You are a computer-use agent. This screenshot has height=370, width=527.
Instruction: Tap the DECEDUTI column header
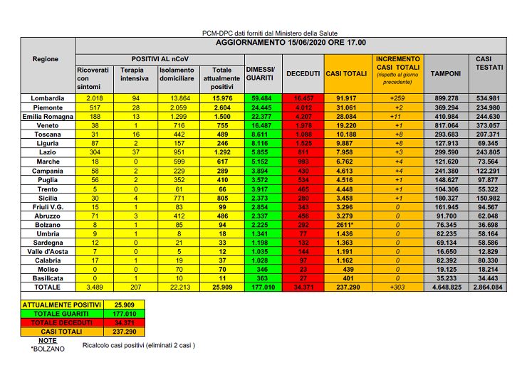click(303, 73)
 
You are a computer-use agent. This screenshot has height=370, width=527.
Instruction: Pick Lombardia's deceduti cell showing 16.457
click(303, 97)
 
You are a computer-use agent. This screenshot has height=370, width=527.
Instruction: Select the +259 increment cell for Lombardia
click(399, 97)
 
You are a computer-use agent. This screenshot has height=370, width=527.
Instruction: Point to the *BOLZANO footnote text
click(47, 348)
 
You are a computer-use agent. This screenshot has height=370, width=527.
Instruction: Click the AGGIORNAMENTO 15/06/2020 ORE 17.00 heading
click(291, 43)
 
